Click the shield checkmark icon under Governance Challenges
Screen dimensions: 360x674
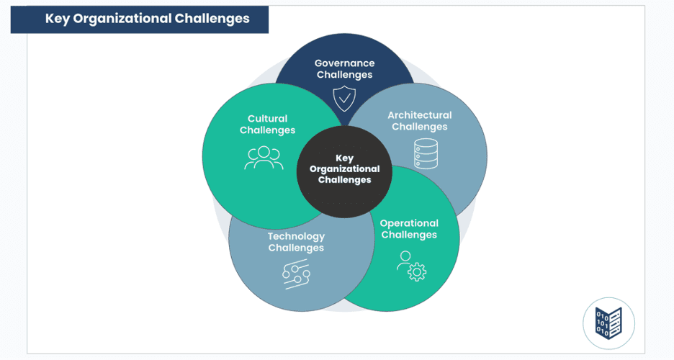344,97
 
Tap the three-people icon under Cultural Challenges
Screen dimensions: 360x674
264,158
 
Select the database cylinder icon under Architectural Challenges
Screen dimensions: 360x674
425,153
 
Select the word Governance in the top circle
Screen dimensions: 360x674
344,63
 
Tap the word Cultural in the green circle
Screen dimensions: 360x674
267,119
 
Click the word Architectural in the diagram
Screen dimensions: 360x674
419,114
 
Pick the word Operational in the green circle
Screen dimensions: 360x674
408,223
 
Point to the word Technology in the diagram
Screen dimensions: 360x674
296,236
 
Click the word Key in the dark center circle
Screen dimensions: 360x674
344,158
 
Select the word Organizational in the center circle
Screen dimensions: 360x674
344,168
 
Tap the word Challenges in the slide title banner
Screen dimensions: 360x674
212,19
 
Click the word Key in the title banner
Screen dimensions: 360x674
57,19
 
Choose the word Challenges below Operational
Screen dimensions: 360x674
408,235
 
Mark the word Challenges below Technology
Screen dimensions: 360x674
296,248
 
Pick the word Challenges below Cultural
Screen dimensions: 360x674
267,130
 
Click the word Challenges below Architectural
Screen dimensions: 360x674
419,127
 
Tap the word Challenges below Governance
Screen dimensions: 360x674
344,74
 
